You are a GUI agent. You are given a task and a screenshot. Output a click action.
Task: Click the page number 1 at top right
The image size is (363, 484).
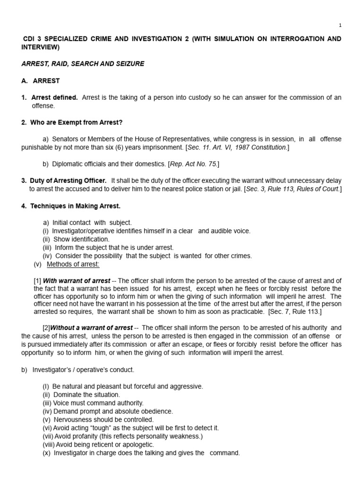point(340,25)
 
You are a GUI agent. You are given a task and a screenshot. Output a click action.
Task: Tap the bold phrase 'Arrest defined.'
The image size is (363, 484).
point(54,97)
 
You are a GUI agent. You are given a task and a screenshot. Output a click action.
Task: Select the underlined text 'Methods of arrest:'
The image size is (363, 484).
point(73,264)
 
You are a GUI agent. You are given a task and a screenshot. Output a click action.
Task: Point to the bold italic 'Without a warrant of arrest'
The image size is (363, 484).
point(92,328)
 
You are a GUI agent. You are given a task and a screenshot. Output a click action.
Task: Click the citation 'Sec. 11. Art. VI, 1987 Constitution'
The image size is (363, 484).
point(238,147)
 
